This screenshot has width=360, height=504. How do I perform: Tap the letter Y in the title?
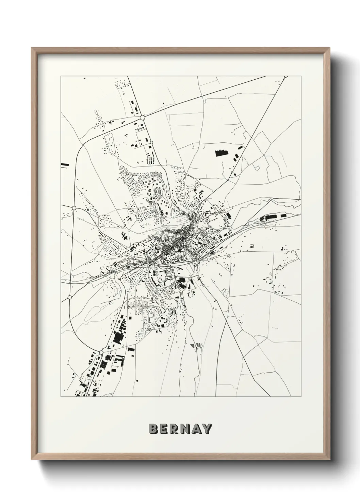click(207, 429)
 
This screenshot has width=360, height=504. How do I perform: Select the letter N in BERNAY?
click(185, 429)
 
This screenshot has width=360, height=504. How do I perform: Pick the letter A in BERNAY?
click(196, 429)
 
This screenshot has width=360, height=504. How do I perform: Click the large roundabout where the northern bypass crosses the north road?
click(142, 118)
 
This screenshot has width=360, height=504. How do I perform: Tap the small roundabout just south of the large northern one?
click(151, 142)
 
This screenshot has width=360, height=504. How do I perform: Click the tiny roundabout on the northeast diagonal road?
click(232, 173)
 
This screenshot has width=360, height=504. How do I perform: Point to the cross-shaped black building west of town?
click(124, 235)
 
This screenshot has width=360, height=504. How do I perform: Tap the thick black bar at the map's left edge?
click(65, 165)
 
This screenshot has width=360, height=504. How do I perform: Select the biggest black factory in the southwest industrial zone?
click(118, 337)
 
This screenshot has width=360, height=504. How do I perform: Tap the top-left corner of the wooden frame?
click(32, 48)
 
